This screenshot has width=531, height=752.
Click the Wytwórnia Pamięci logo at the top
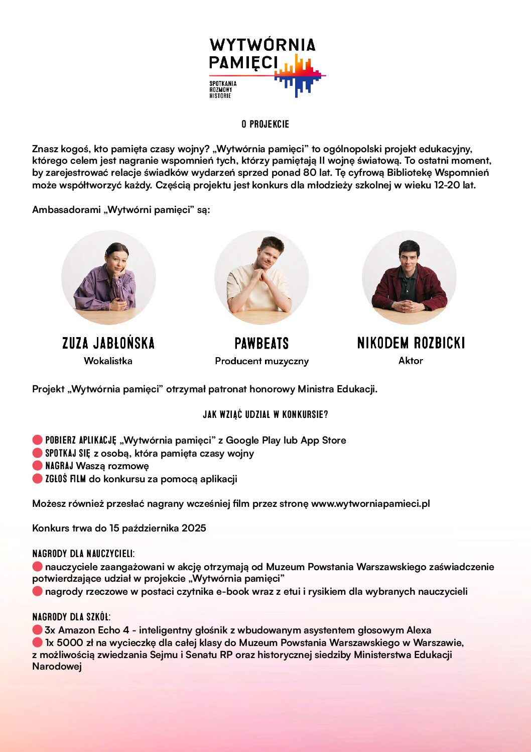tap(267, 67)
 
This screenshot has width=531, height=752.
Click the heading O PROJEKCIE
tap(265, 124)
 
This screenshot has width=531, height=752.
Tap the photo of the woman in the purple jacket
tap(108, 278)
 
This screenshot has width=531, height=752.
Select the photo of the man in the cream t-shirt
tap(261, 278)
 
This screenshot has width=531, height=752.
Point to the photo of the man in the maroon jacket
tap(409, 278)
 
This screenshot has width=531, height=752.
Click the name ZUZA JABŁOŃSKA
tap(108, 343)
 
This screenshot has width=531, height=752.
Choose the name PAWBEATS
tap(261, 344)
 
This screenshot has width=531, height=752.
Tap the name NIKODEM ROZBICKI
tap(411, 343)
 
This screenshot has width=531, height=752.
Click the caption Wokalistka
tap(108, 361)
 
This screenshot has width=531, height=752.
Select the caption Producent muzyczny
tap(261, 361)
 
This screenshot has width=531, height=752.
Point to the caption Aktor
tap(411, 361)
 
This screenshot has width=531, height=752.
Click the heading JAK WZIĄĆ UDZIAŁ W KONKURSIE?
tap(265, 414)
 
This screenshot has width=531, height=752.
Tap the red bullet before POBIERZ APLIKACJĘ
tap(37, 440)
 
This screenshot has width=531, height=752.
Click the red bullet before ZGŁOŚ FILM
tap(37, 478)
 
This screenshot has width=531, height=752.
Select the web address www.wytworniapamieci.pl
tap(370, 504)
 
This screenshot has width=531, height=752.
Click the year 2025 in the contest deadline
tap(194, 528)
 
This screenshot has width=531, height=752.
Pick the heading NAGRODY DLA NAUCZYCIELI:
tap(83, 554)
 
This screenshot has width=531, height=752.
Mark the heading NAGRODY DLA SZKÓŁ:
tap(71, 617)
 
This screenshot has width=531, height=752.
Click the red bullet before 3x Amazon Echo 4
tap(37, 629)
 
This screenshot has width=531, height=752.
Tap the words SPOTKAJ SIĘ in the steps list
tap(68, 453)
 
